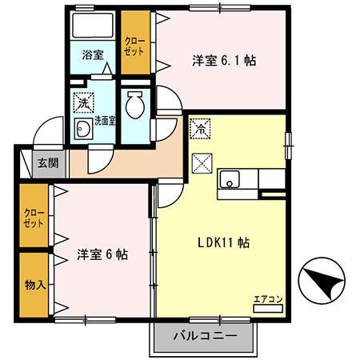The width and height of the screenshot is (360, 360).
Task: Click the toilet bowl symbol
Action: [x=135, y=105]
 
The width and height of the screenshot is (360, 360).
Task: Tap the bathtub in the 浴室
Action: [x=93, y=26]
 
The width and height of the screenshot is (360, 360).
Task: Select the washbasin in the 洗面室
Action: [x=83, y=129]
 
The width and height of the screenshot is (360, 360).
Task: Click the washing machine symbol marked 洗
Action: [x=83, y=102]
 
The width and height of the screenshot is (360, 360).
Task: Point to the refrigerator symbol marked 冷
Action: [x=200, y=129]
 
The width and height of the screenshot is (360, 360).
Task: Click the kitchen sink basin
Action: [x=230, y=179]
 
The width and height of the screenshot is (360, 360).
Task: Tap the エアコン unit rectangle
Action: [x=268, y=309]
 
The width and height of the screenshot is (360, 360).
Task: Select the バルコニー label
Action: [x=205, y=336]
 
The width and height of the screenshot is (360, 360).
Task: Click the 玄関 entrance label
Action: [x=48, y=162]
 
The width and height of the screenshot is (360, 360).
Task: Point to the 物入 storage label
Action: [x=35, y=285]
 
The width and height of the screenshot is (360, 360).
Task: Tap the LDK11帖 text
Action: [x=223, y=242]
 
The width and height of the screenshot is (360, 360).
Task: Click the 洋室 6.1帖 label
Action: [x=224, y=61]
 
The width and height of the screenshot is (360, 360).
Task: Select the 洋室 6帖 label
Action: [x=102, y=254]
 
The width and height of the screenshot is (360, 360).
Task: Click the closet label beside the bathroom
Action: [x=134, y=46]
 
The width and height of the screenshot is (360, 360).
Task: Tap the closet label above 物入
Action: [x=34, y=218]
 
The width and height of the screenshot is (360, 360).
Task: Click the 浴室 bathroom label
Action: [x=93, y=55]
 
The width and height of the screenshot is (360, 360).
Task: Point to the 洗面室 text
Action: [x=105, y=122]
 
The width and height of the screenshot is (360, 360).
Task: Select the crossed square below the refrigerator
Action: [x=202, y=163]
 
